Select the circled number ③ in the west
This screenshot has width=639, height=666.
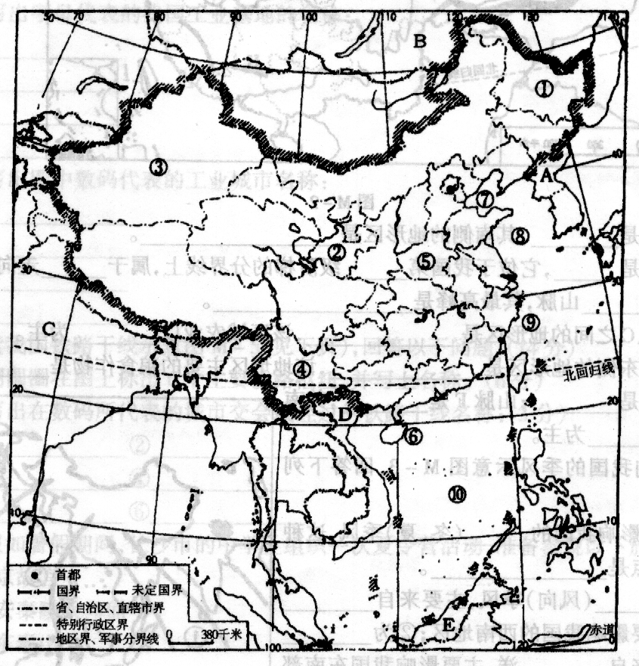[x=157, y=166]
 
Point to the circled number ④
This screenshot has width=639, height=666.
[x=302, y=369]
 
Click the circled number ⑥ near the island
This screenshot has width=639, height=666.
[x=412, y=435]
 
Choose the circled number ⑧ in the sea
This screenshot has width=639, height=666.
[x=519, y=235]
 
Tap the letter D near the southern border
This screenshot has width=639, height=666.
[x=344, y=414]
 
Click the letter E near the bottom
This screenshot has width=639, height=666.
[x=448, y=625]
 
